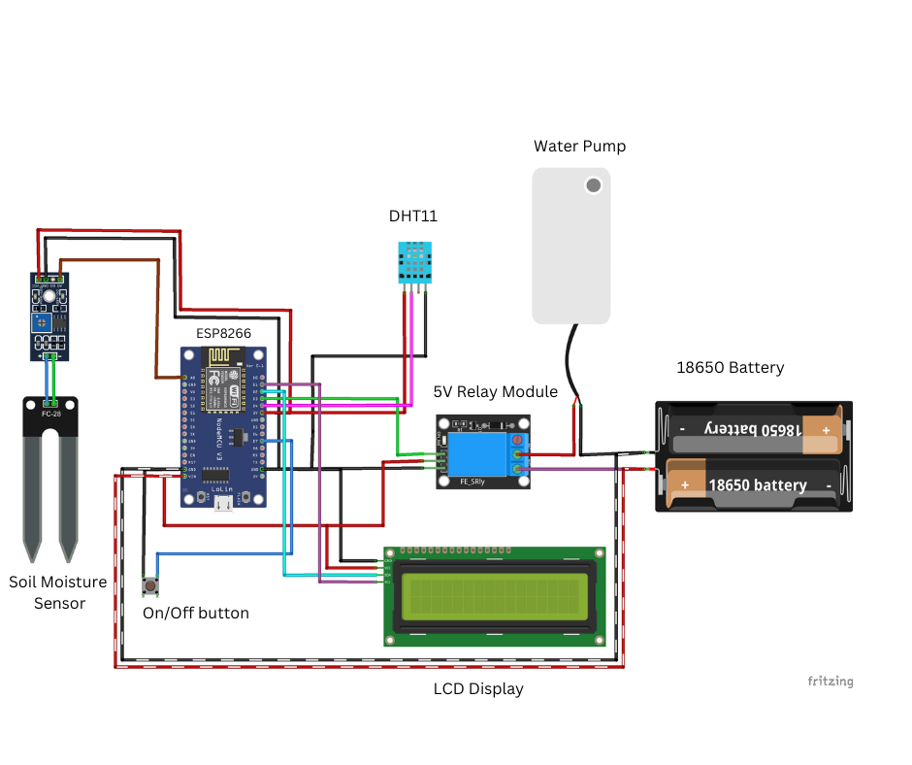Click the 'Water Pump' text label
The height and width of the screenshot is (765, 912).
(x=579, y=147)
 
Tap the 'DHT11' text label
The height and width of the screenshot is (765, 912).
(x=413, y=216)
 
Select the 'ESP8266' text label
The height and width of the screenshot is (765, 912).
(x=224, y=333)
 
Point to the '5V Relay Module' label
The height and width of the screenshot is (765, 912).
(x=495, y=392)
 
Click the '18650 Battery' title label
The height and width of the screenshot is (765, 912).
(x=730, y=368)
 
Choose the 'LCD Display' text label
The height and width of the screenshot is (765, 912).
(x=478, y=689)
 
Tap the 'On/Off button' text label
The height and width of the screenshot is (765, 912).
(x=196, y=614)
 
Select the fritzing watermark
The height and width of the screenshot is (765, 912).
(x=830, y=682)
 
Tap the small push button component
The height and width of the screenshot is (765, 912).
(x=150, y=585)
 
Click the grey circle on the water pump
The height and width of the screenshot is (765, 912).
(x=591, y=184)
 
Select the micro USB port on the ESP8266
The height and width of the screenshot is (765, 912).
(x=224, y=501)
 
